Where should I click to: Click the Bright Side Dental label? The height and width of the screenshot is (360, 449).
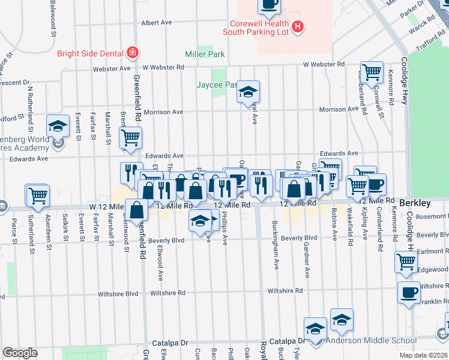click(90, 53)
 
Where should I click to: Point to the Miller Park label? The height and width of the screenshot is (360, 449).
click(205, 54)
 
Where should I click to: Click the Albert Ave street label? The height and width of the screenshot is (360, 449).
click(156, 22)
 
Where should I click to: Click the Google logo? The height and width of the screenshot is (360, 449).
click(20, 353)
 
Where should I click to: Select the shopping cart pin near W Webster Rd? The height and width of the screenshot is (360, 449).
click(372, 72)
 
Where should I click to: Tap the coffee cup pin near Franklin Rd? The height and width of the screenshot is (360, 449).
click(409, 292)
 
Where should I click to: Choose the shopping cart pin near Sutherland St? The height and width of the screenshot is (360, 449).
click(37, 195)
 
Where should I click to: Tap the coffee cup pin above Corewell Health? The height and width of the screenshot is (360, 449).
click(269, 5)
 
